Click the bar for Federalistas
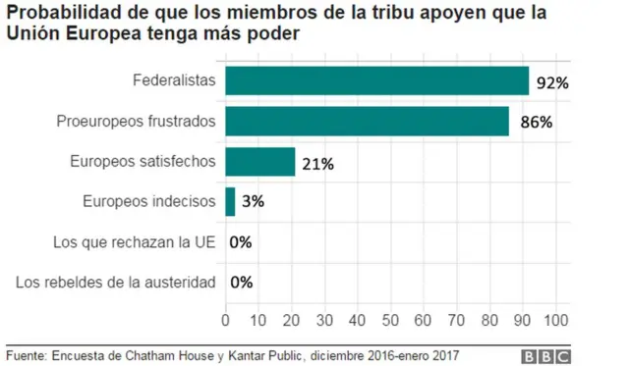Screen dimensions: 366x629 tap(377, 80)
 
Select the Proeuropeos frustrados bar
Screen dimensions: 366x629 tap(368, 121)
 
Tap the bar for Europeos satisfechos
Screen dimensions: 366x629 tap(260, 162)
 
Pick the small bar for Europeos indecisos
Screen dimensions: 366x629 tap(231, 202)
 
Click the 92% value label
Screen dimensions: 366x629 tap(553, 83)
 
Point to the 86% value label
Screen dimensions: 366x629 tap(537, 124)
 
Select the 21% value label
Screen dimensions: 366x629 tap(317, 164)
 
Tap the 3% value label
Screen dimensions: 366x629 tap(253, 203)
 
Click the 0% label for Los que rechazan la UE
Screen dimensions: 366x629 tap(241, 243)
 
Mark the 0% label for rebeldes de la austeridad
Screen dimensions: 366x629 tap(241, 283)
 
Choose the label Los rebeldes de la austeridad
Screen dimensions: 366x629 tap(116, 283)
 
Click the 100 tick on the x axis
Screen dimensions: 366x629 tap(556, 319)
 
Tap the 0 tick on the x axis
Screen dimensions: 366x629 tap(226, 319)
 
